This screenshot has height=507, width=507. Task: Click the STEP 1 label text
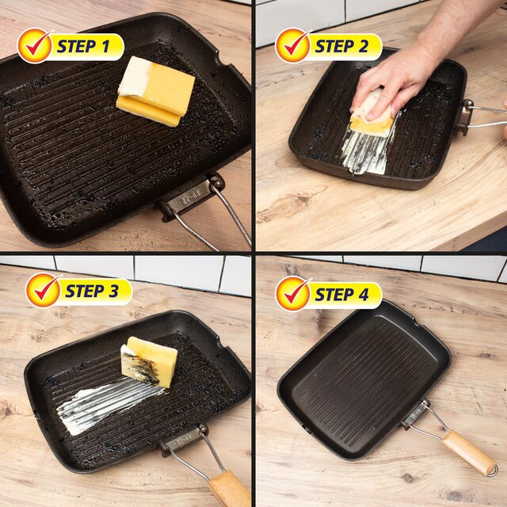pyautogui.click(x=83, y=47)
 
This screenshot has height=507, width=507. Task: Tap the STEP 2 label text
pyautogui.click(x=341, y=47)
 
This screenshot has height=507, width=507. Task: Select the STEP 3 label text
pyautogui.click(x=92, y=291)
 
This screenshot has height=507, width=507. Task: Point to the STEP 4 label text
pyautogui.click(x=341, y=294)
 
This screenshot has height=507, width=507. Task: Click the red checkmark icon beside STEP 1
pyautogui.click(x=34, y=45)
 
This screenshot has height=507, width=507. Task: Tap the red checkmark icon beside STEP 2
pyautogui.click(x=292, y=45)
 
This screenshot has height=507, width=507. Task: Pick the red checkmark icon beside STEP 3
pyautogui.click(x=43, y=289)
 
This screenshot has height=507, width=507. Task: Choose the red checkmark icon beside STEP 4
pyautogui.click(x=292, y=292)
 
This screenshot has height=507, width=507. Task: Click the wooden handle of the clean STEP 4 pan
pyautogui.click(x=467, y=452)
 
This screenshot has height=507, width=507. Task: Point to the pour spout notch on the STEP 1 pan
pyautogui.click(x=219, y=60)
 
